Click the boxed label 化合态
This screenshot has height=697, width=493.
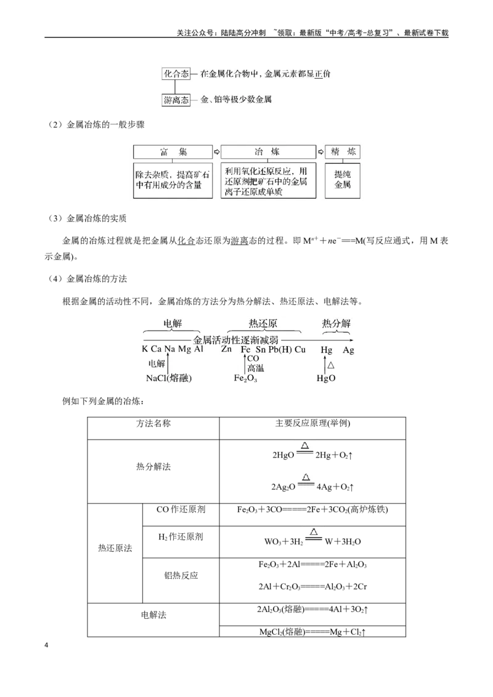(x=176, y=74)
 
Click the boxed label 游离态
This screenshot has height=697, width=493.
(x=176, y=100)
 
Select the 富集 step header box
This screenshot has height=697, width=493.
(x=173, y=152)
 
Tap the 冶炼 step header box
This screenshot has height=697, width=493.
(x=268, y=152)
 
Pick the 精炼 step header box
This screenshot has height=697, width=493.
(x=343, y=152)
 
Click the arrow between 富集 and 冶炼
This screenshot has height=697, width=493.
(x=217, y=152)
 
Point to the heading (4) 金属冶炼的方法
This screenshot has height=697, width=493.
(x=88, y=279)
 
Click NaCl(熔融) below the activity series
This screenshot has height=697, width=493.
(x=169, y=378)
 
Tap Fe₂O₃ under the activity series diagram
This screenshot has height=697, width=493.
(x=246, y=378)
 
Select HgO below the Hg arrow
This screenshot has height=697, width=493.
(x=326, y=378)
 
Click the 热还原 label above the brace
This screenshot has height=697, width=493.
(x=263, y=324)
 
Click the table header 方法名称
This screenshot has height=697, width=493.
(x=153, y=424)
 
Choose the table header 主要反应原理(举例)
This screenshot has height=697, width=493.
(x=313, y=424)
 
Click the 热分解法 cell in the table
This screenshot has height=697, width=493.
(x=153, y=467)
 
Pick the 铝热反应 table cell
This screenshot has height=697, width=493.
(x=181, y=576)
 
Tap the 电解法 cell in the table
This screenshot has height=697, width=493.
(x=153, y=615)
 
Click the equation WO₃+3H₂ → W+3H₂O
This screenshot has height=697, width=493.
(x=312, y=538)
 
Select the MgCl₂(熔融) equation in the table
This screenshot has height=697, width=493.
(x=312, y=632)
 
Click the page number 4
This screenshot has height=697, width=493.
(x=46, y=645)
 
